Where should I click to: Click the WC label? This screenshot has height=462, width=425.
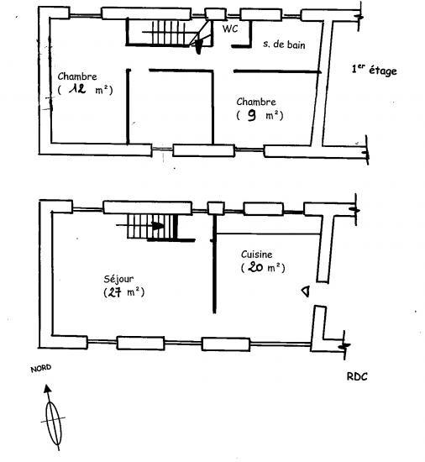click(230, 29)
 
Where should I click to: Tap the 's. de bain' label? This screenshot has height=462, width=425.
click(284, 45)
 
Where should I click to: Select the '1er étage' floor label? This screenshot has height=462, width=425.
click(375, 70)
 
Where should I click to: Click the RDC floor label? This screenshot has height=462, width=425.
click(357, 377)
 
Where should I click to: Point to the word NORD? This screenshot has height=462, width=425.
click(41, 368)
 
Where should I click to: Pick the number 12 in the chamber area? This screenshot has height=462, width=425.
click(77, 88)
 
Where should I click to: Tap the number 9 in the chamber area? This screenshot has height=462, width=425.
click(251, 115)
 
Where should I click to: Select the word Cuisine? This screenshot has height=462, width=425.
click(256, 255)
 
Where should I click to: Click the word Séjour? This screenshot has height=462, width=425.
click(118, 279)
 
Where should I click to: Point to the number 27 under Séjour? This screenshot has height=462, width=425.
click(114, 292)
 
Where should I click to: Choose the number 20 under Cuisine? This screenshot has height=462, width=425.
click(255, 267)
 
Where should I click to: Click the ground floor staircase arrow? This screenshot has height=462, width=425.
click(140, 226)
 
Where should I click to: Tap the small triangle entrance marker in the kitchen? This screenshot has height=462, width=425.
click(306, 291)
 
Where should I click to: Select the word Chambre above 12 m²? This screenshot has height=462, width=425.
click(77, 76)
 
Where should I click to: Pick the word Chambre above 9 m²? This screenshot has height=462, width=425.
click(256, 102)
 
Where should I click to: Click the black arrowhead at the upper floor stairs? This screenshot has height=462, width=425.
click(199, 46)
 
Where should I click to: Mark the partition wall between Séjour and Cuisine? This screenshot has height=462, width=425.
click(214, 264)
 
